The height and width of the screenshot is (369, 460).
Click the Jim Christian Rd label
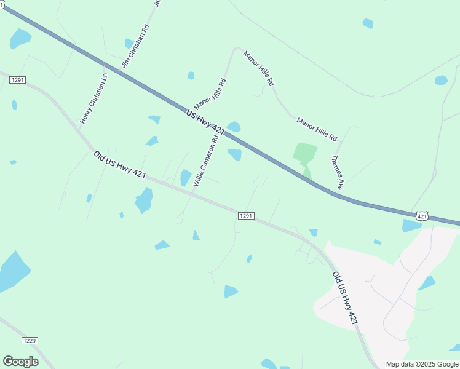136,46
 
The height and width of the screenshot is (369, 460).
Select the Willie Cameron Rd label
206,161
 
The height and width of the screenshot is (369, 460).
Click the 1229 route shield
29,341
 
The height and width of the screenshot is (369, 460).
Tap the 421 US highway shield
421,215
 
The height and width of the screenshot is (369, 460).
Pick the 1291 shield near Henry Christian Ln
17,80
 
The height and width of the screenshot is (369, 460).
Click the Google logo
20,362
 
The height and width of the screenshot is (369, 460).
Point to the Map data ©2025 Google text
421,364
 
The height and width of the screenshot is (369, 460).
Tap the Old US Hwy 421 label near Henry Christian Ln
119,165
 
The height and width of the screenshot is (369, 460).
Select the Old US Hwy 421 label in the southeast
344,298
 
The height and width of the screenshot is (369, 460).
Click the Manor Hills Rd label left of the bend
210,93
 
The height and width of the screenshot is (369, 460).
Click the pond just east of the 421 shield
411,226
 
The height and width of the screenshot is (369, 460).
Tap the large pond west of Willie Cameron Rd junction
144,200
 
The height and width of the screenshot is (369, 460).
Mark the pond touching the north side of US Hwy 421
234,127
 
